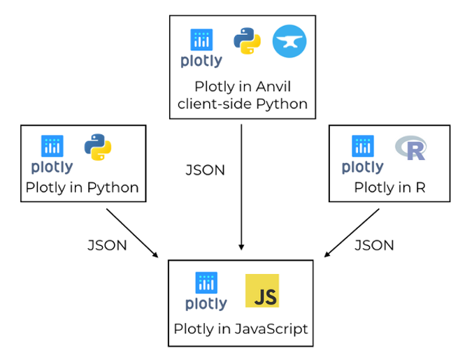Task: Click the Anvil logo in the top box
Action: [x=289, y=41]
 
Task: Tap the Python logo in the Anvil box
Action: [x=248, y=41]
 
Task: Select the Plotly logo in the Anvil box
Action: [x=201, y=48]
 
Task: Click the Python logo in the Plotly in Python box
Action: [x=98, y=147]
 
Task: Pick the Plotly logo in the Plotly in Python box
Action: [x=52, y=154]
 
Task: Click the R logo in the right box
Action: [x=410, y=148]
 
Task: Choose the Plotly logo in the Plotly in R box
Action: [x=362, y=154]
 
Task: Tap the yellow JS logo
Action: [x=262, y=291]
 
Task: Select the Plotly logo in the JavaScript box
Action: [x=206, y=291]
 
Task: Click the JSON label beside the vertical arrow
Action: [x=205, y=171]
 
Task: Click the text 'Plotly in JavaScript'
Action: [x=241, y=328]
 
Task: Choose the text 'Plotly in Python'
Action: [x=82, y=187]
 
